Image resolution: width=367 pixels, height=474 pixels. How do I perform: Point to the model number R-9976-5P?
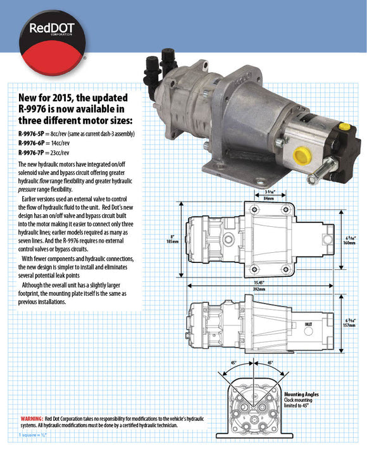coord(35,135)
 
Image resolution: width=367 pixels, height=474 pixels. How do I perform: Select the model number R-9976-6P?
coord(35,143)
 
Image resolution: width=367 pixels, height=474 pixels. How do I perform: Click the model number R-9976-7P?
coord(35,153)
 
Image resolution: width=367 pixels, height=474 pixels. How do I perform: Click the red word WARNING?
coord(32,419)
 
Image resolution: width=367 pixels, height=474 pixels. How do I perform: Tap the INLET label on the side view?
coord(308,324)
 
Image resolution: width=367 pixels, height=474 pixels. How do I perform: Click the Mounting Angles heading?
coord(301,394)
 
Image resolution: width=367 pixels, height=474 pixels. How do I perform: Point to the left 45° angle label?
coord(233,363)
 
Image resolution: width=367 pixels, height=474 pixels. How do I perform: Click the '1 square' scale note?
coord(33,435)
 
